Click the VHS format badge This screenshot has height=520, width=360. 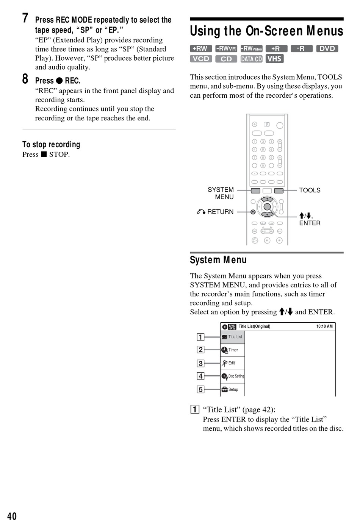pos(274,58)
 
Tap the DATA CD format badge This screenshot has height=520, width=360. pos(251,59)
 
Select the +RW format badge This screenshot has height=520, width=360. pos(201,48)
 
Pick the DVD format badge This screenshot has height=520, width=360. pos(327,48)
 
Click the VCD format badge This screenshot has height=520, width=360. pos(201,59)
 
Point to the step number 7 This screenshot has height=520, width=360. pos(25,18)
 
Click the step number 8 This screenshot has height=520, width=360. pos(25,79)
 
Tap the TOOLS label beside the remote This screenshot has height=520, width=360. pos(310,190)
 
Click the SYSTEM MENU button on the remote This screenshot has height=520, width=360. pos(255,191)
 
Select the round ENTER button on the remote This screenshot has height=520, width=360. pos(267,206)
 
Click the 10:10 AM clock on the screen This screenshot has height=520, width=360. pos(324,326)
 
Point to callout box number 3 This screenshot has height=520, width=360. pos(200,363)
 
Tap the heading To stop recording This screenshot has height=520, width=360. pos(51,144)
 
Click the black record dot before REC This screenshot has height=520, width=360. pos(59,81)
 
